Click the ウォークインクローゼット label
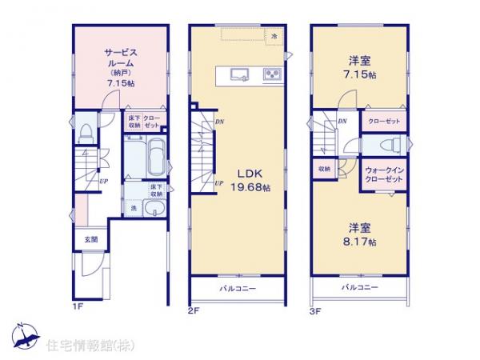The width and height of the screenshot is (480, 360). point(384,174)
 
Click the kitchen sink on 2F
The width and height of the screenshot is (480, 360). point(239,75)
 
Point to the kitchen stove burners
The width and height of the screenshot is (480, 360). point(270,75)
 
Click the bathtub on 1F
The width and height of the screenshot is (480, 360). point(157,156)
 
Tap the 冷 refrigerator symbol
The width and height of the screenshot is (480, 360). point(274,36)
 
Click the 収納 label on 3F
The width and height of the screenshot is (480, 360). point(323,170)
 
